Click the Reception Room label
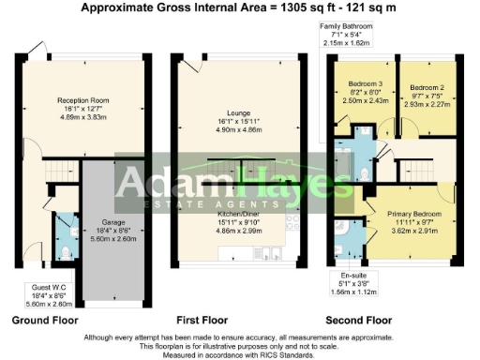pyautogui.click(x=82, y=99)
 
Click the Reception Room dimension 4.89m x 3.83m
pyautogui.click(x=82, y=118)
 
